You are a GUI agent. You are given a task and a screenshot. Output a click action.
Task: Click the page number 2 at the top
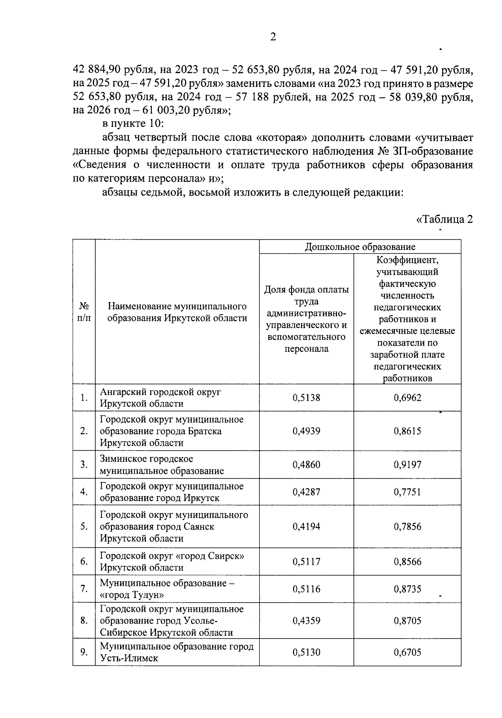click(x=273, y=37)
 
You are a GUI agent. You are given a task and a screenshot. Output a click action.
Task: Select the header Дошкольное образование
click(x=360, y=247)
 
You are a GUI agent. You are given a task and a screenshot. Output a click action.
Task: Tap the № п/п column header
click(x=84, y=312)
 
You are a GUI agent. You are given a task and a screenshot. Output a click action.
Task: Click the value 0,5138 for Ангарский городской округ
click(x=306, y=398)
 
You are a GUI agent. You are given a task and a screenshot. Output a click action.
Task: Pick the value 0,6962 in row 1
click(x=407, y=398)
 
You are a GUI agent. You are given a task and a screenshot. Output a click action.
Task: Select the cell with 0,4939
click(x=306, y=431)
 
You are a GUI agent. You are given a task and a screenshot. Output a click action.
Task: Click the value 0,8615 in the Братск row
click(x=407, y=431)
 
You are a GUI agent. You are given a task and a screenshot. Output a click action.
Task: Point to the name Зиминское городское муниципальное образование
click(x=161, y=465)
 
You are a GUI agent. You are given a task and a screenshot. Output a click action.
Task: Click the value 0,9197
click(x=407, y=465)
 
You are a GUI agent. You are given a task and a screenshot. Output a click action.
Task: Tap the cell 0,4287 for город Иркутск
click(x=306, y=492)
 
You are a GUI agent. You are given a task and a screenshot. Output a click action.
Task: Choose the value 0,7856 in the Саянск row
click(x=407, y=527)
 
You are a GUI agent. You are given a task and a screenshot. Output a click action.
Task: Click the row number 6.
click(x=84, y=561)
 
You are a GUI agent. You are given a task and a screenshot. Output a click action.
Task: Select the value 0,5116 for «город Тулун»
click(x=306, y=589)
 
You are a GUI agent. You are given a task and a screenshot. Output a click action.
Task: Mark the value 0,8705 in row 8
click(x=407, y=621)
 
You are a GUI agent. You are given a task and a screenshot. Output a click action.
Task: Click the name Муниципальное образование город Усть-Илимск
click(x=176, y=652)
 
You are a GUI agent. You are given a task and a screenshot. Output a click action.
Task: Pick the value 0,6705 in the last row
click(x=407, y=652)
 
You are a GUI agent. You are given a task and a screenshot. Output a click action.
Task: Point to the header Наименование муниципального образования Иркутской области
click(x=177, y=312)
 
